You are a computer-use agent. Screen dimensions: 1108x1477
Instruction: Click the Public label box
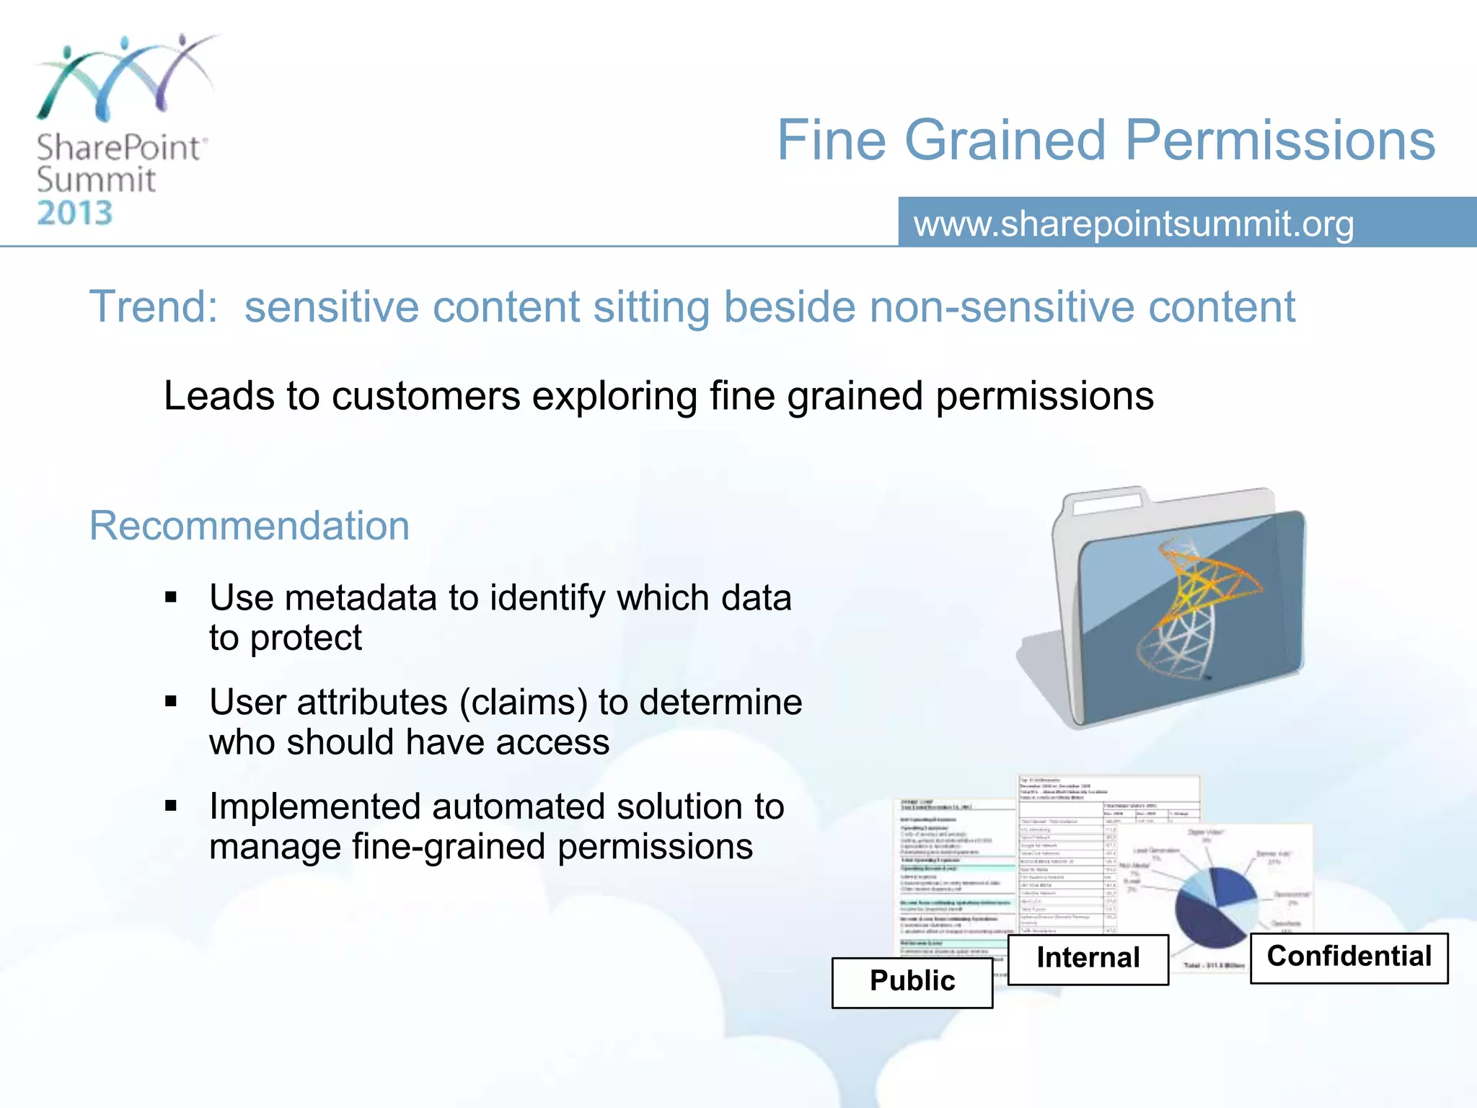912,982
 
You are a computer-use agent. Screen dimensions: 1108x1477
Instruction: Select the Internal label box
1088,959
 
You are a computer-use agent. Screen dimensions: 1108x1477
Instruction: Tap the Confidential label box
1349,957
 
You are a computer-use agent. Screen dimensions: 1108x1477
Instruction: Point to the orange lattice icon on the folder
1197,606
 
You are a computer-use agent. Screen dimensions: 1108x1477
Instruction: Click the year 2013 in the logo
75,214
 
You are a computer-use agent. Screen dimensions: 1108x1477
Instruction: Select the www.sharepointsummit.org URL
1134,224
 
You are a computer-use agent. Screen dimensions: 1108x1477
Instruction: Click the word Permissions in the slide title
1280,140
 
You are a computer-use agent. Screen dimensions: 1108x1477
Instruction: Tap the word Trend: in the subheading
153,307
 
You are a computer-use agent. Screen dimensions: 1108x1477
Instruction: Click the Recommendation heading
249,525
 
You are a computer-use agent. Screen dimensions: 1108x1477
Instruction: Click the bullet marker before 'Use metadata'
171,597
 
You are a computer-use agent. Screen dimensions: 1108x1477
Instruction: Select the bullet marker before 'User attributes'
171,701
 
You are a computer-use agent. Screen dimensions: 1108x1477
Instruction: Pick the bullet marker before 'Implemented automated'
171,806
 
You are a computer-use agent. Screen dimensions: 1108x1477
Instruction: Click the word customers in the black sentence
426,396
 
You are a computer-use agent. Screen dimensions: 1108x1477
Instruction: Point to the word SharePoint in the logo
119,148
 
